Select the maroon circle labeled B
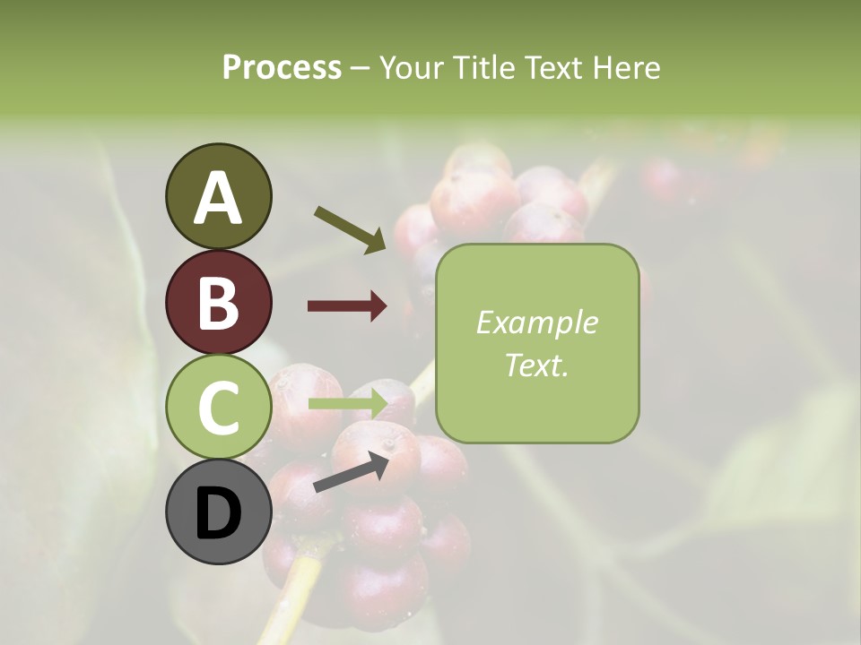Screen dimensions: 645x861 pos(218,303)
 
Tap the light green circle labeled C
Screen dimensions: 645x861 pos(218,408)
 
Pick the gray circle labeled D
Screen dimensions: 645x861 pos(218,512)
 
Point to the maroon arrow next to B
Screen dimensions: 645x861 pos(347,306)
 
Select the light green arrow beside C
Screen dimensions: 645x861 pos(348,404)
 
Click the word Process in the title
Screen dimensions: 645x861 pos(282,67)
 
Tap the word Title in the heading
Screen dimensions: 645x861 pos(481,67)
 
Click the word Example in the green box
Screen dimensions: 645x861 pos(536,322)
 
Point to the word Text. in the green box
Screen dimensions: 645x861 pos(536,365)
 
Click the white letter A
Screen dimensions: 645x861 pos(218,197)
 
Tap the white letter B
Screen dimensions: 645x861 pos(218,303)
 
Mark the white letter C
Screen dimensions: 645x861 pos(218,408)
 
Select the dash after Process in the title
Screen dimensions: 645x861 pos(361,67)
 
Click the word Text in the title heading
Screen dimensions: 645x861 pos(551,67)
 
